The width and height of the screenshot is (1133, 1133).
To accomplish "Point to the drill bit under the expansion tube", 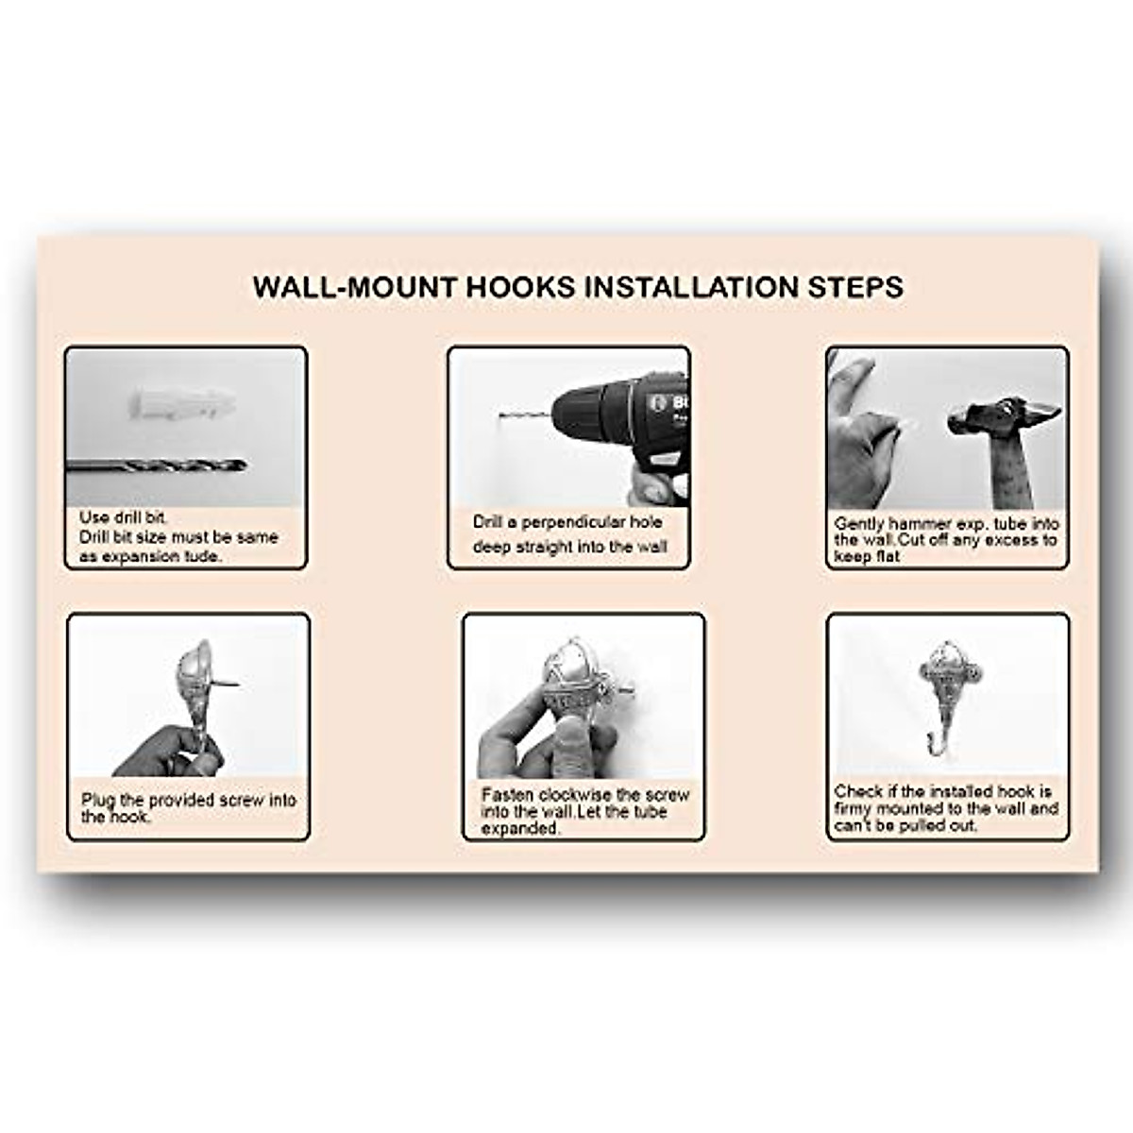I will [x=157, y=465].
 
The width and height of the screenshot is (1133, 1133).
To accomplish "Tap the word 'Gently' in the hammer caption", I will [x=857, y=523].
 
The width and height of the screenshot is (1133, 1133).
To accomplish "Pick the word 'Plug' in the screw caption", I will [x=98, y=800].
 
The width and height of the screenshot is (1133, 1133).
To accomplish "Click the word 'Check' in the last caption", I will [x=857, y=791].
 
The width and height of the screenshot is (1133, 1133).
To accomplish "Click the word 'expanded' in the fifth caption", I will [x=520, y=828].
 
